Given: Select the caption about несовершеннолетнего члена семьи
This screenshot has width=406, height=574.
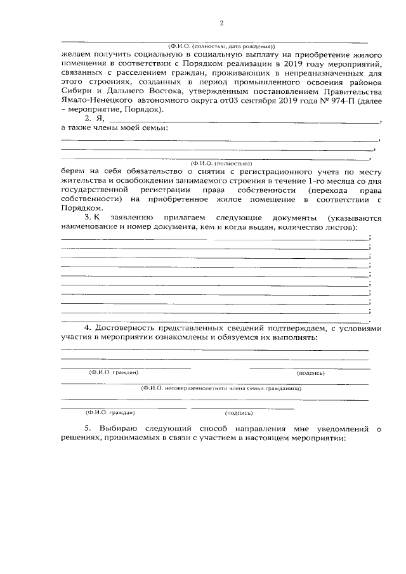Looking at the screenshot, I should click(220, 387).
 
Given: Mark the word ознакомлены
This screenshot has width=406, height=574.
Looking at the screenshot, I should click(199, 337).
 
